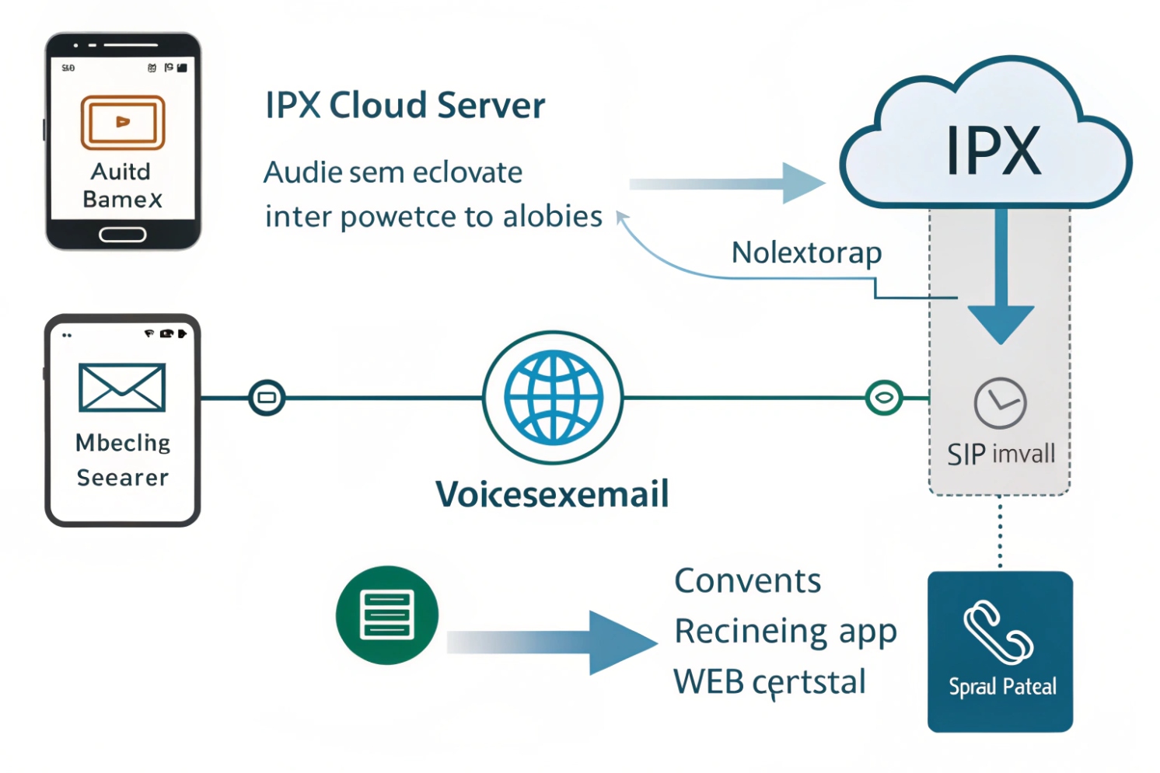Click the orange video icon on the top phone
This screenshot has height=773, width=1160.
[x=123, y=122]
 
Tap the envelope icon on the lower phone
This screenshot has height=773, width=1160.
[x=122, y=387]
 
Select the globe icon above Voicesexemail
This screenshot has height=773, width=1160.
[x=553, y=397]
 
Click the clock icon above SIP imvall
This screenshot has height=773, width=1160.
[x=1000, y=403]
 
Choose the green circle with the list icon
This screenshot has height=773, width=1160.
[x=386, y=615]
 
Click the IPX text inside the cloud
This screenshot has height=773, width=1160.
[x=993, y=151]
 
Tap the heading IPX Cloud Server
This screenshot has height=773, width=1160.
[x=405, y=106]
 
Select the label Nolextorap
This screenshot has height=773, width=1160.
[x=806, y=253]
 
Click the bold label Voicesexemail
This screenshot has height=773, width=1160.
[x=552, y=494]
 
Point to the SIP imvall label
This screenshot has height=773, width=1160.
[x=1001, y=454]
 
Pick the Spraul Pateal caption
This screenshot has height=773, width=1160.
[x=1002, y=687]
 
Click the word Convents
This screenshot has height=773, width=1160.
[x=747, y=581]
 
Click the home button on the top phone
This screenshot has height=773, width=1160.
[x=123, y=235]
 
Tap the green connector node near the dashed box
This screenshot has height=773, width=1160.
[x=883, y=398]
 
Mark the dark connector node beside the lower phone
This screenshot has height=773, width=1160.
[x=267, y=398]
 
